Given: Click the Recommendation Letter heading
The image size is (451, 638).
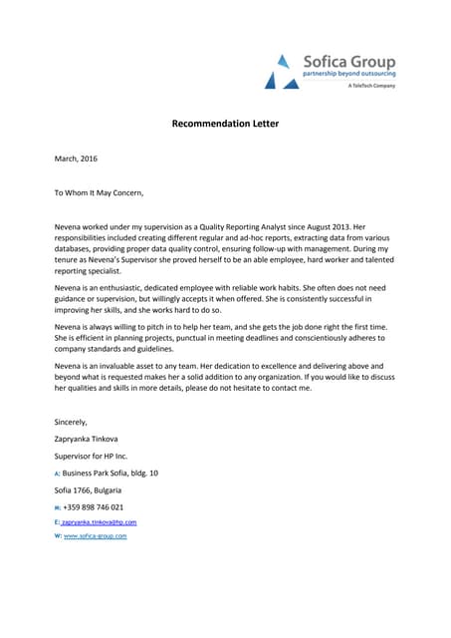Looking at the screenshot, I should tap(224, 125).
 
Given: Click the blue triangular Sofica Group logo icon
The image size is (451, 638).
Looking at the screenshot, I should tap(280, 71).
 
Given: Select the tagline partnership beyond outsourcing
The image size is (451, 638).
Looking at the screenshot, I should tap(348, 75).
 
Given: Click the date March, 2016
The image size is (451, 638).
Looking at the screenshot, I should tap(76, 159).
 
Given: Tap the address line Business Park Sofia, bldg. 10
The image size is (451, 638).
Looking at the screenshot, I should tap(110, 473).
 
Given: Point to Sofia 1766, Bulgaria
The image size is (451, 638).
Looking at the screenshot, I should tap(88, 489).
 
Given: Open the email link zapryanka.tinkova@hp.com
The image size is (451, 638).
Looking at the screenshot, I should tap(99, 521).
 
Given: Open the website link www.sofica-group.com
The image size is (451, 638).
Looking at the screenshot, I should tap(95, 536).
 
